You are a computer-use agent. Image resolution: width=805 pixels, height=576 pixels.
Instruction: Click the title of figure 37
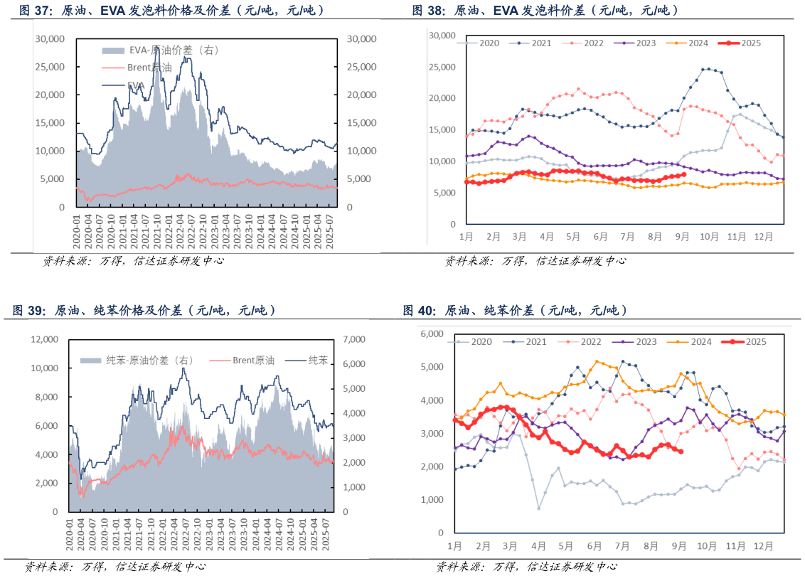point(171,10)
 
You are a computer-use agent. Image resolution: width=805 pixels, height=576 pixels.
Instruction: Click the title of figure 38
point(545,10)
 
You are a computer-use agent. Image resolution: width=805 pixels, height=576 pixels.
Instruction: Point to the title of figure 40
point(515,310)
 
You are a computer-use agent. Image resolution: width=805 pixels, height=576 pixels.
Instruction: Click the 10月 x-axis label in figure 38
point(708,237)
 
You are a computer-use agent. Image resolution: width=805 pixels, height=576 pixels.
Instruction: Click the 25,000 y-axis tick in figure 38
point(443,67)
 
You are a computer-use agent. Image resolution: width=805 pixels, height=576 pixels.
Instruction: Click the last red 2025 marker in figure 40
point(681,451)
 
